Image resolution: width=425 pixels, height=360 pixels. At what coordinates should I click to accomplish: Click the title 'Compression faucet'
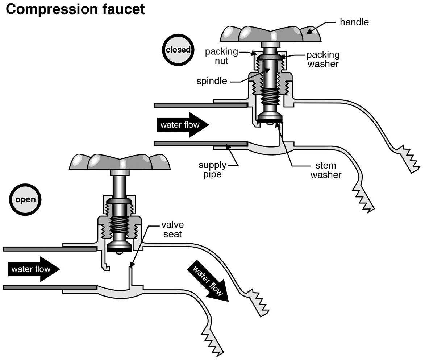point(75,9)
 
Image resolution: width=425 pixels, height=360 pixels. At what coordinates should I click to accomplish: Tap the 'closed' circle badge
point(178,50)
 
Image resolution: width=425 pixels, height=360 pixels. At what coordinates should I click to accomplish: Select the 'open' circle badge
point(25,199)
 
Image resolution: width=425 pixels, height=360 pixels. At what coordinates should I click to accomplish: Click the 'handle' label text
point(354,22)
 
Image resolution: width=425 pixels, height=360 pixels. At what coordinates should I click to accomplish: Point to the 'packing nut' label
point(221,56)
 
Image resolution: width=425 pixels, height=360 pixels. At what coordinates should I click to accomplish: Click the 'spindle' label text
point(212,81)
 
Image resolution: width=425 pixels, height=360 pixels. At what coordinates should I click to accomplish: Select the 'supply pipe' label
point(212,170)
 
